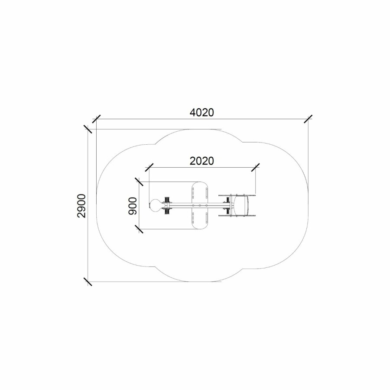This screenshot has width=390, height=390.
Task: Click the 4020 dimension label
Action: [x=201, y=113]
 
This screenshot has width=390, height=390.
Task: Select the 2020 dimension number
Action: [x=201, y=161]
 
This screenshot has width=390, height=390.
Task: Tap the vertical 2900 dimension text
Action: [x=81, y=206]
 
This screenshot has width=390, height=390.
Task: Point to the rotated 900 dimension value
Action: [x=133, y=206]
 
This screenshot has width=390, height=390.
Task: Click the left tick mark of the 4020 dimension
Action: [x=96, y=119]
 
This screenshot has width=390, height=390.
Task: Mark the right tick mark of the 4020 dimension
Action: [x=308, y=119]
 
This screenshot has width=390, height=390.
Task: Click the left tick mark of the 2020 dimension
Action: [x=149, y=167]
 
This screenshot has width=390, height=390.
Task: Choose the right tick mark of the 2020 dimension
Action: [x=255, y=167]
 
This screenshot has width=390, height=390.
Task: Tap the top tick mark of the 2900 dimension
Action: [x=88, y=129]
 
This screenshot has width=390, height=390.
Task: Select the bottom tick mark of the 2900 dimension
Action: [x=88, y=282]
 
